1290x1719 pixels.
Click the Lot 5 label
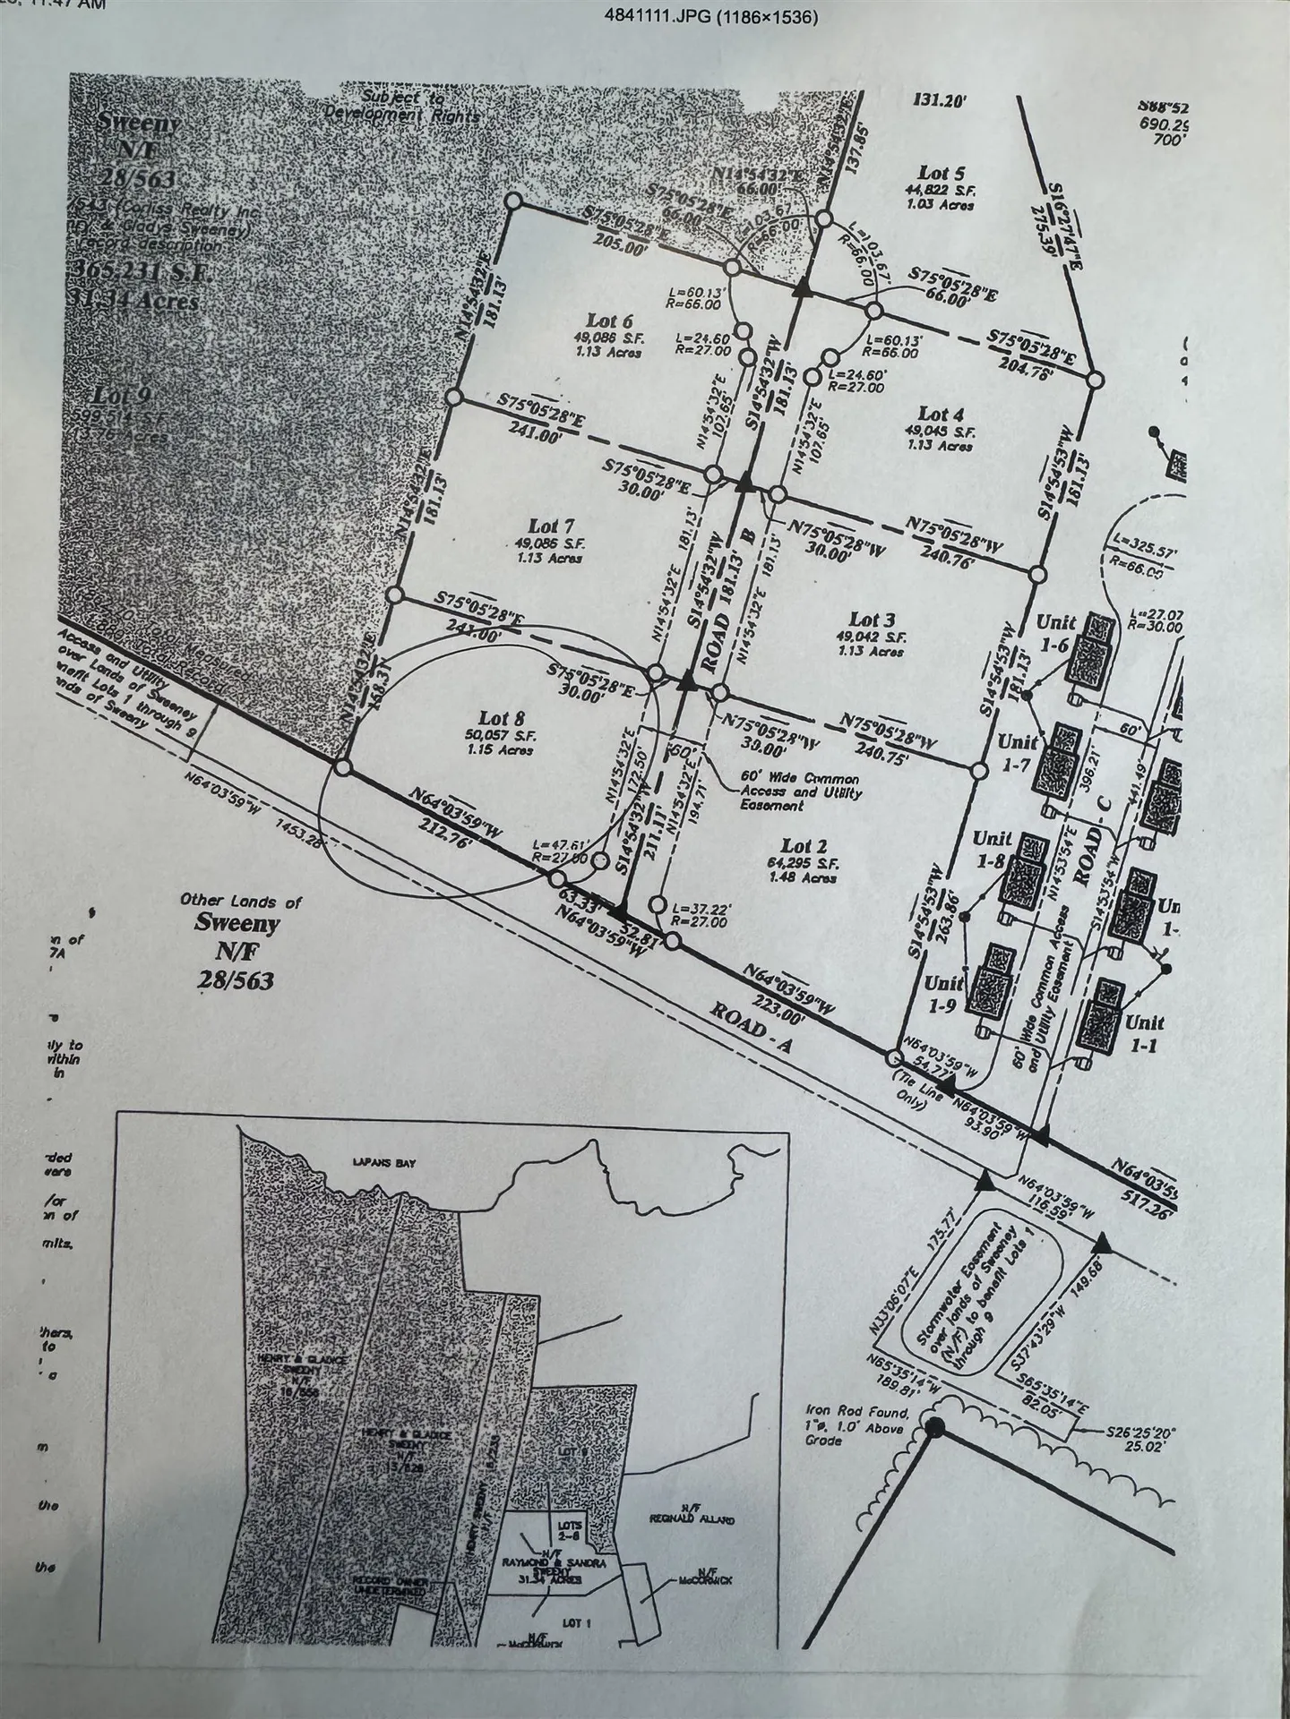[942, 173]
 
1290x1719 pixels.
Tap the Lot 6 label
[609, 321]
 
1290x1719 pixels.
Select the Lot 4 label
[941, 414]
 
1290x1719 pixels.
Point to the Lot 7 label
[550, 526]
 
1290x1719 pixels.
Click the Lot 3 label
[872, 620]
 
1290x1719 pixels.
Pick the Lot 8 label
[502, 717]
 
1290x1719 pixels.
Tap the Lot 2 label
[803, 846]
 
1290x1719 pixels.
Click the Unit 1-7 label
[1018, 752]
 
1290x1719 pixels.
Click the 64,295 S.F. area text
[802, 863]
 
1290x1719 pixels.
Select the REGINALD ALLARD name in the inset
[690, 1518]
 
